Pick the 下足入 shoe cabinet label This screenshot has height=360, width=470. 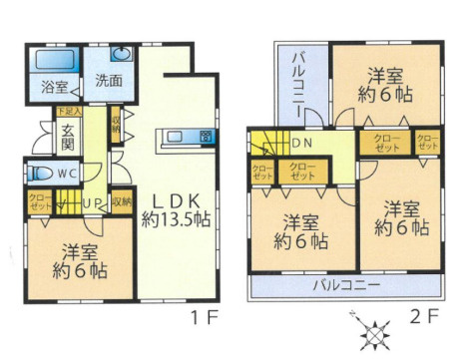pyautogui.click(x=67, y=110)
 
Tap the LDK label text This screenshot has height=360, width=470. pyautogui.click(x=174, y=196)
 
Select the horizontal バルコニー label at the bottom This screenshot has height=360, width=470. pyautogui.click(x=345, y=284)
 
